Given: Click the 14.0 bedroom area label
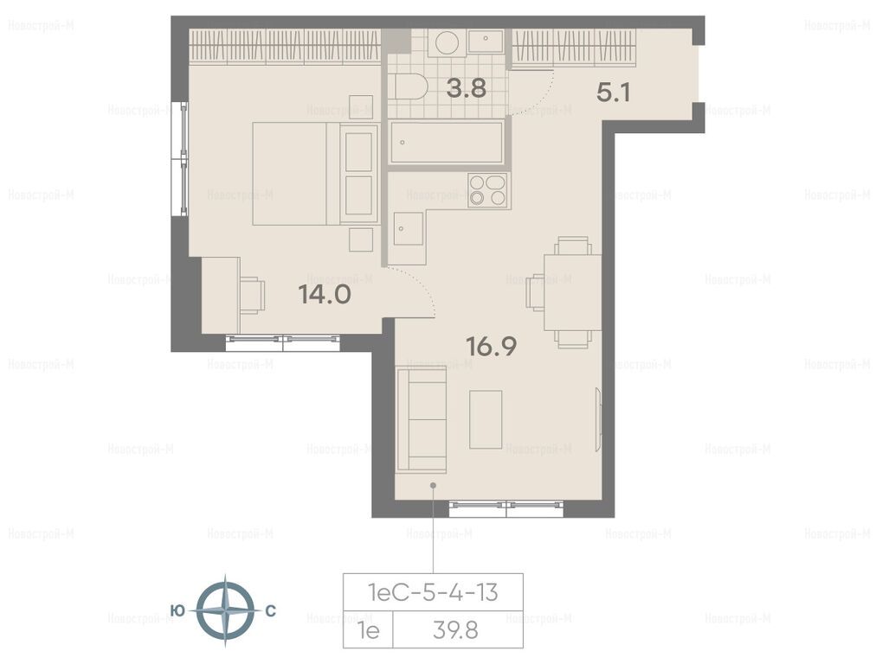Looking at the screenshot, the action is coord(325,294).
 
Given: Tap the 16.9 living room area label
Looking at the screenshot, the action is coord(492,346).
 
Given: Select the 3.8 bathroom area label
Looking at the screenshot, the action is coord(466,88).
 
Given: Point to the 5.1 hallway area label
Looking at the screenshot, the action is coord(614,93).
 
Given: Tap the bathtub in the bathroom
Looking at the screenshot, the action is coord(447,143).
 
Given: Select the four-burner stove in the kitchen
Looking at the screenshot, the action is coord(487,191).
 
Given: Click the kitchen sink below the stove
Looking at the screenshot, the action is coord(408,229).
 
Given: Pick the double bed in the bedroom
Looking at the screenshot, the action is coord(316,174).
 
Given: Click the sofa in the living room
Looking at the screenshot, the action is coord(422,419).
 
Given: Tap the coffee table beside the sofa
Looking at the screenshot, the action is coord(486,419).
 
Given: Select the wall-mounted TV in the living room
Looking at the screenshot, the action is coord(598,419).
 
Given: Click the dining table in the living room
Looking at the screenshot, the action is coord(573,292).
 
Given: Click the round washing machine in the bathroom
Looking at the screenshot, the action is coord(448,43).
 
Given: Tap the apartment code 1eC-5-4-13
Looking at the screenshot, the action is coord(433,592).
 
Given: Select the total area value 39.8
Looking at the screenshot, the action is coord(455,631).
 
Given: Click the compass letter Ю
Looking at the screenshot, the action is coord(177,611).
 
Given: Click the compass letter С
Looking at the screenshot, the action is coord(270,611).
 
